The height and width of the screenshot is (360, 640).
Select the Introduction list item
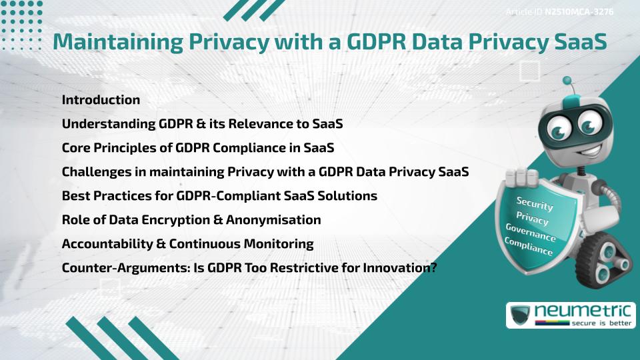coord(101,100)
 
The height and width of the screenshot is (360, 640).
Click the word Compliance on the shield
coord(528,246)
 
